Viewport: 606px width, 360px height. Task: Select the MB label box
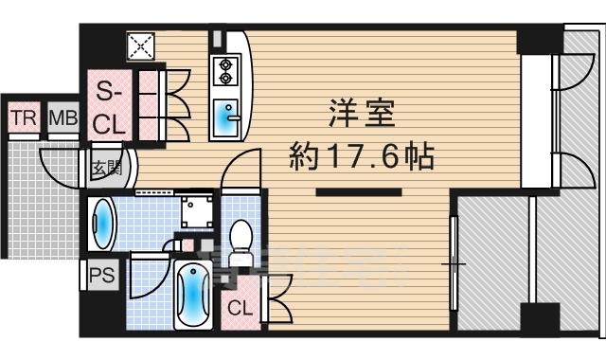coord(62,119)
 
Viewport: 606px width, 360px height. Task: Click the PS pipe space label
coord(102,277)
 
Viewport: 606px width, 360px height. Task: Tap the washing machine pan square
coord(198,210)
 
